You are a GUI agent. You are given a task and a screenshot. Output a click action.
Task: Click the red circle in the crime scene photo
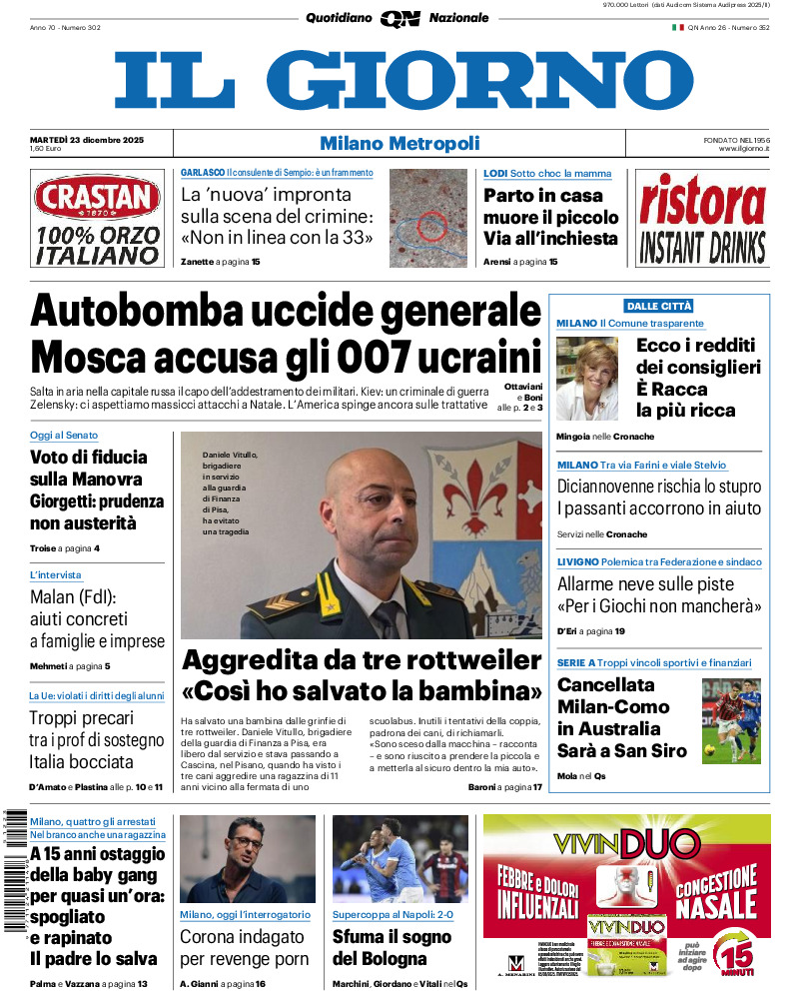(x=430, y=226)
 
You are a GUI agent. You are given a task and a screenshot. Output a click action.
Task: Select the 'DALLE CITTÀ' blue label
(x=658, y=306)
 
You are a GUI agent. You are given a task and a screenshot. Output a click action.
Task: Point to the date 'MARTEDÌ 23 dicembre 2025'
(x=87, y=139)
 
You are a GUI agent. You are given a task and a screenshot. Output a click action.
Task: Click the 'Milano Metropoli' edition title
(x=400, y=144)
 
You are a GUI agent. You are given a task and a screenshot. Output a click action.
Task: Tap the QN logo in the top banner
(x=400, y=18)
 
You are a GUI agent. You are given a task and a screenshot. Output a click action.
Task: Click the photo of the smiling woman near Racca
(x=586, y=379)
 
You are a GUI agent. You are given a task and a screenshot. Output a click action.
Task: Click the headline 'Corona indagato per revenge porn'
(x=242, y=948)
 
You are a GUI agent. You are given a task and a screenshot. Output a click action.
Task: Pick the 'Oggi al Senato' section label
(x=64, y=436)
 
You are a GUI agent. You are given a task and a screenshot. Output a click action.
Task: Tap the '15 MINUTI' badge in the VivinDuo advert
(x=738, y=950)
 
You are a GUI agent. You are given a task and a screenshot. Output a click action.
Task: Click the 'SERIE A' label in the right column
(x=576, y=662)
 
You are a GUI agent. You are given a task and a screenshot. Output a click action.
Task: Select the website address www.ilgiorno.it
(x=738, y=149)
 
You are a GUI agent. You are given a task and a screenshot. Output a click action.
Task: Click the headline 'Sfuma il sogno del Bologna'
(x=392, y=948)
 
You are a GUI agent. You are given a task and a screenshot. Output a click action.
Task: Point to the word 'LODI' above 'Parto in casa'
(x=495, y=173)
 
